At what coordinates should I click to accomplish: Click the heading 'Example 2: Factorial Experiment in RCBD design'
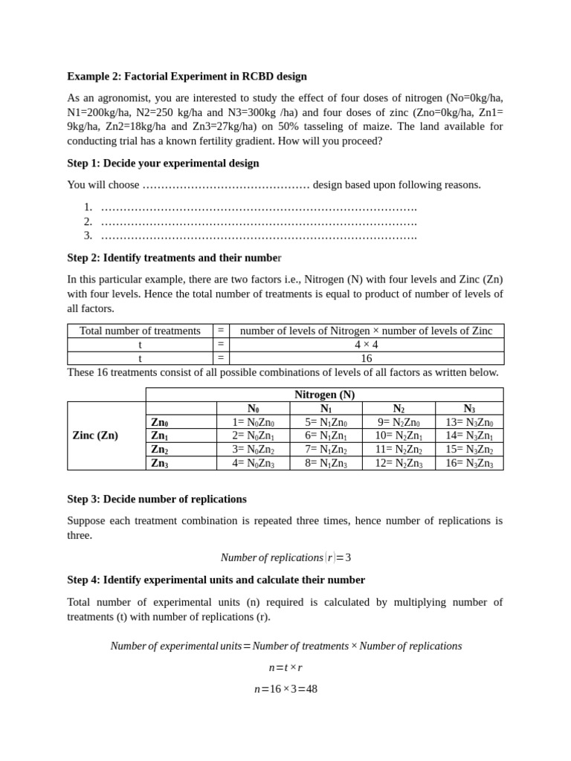pos(187,77)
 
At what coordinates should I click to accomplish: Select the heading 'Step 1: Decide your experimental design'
pos(163,163)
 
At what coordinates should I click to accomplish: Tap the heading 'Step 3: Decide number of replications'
pos(157,499)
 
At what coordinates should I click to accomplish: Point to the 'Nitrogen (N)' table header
pos(324,395)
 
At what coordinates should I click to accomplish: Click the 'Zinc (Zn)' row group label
pos(95,435)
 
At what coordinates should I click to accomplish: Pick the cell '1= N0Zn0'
pos(253,422)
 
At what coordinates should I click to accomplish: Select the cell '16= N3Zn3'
pos(468,463)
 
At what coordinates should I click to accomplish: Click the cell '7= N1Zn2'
pos(326,450)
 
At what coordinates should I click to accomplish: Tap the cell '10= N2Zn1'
pos(399,435)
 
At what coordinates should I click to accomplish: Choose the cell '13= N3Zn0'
pos(468,422)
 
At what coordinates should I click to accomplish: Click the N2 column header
pos(399,409)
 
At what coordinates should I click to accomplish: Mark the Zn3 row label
pos(160,463)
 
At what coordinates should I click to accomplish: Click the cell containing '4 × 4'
pos(366,345)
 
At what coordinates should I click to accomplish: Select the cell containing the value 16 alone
pos(366,358)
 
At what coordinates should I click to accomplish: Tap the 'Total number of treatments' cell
pos(140,331)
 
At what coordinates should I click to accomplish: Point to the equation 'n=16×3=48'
pos(285,689)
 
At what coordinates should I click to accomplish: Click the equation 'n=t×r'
pos(285,667)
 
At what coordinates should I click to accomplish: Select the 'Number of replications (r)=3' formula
pos(285,557)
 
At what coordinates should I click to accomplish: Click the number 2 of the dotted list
pos(88,221)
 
